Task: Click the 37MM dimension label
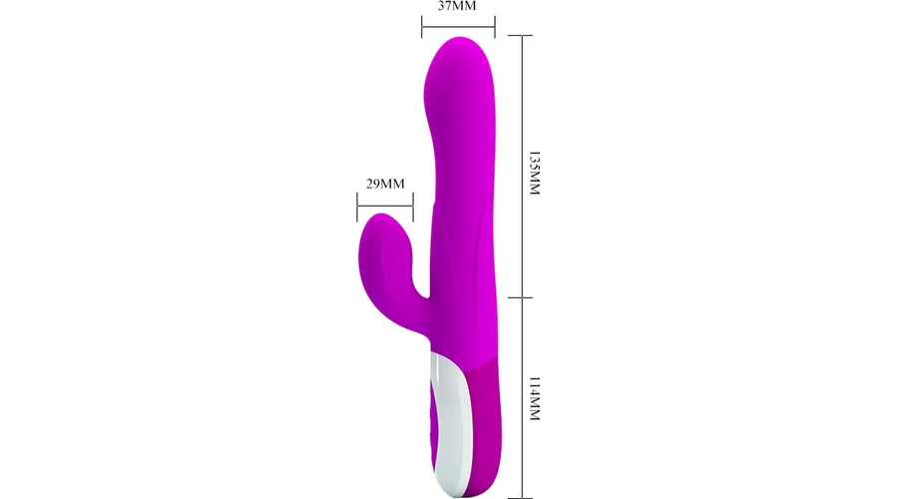(457, 6)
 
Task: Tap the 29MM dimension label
(385, 184)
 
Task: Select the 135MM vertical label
(535, 174)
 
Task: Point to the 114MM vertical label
(535, 399)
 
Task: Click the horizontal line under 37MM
(458, 26)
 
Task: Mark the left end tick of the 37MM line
(422, 27)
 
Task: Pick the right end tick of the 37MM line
(495, 27)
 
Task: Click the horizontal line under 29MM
(385, 207)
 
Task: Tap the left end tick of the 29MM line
(357, 207)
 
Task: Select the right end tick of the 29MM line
(413, 207)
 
